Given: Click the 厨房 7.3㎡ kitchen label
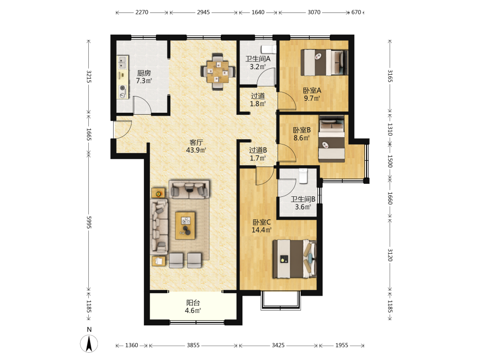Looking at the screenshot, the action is [x=144, y=77].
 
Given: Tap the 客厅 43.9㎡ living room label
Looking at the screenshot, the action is [x=196, y=146].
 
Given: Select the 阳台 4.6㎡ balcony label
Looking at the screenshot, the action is [x=193, y=307].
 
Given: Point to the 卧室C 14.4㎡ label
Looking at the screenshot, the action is [x=262, y=226].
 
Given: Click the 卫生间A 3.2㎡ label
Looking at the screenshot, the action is [x=258, y=63].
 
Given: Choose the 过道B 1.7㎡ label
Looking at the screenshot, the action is [x=258, y=154].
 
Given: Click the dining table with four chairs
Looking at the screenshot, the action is [x=217, y=72].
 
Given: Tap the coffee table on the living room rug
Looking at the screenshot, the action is [x=185, y=226].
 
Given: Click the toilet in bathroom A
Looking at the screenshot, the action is [x=268, y=49].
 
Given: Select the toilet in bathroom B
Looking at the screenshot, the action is [x=303, y=176].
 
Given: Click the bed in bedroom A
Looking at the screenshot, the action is [x=324, y=62].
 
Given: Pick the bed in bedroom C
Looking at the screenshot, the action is [x=295, y=259].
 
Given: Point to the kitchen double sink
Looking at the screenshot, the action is [x=123, y=62].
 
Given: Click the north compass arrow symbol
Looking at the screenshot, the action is [x=89, y=344].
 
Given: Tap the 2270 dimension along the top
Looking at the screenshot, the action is [x=142, y=12].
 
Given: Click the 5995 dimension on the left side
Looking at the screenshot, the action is [x=89, y=222].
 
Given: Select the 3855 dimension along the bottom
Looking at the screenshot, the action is [x=193, y=345].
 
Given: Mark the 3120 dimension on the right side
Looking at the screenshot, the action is [x=390, y=255].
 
